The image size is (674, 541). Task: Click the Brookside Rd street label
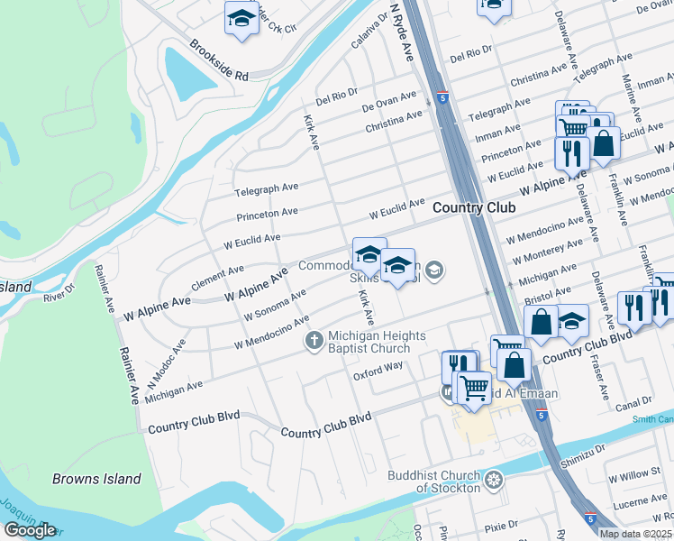point(217,61)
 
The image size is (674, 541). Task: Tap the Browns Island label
point(96,479)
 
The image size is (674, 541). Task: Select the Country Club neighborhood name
point(474,207)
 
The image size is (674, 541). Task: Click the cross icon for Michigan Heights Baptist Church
point(314,340)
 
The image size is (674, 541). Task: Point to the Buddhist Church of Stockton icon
point(492,480)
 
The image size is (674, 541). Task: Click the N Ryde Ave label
point(401,31)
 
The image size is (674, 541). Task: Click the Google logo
point(29,530)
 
